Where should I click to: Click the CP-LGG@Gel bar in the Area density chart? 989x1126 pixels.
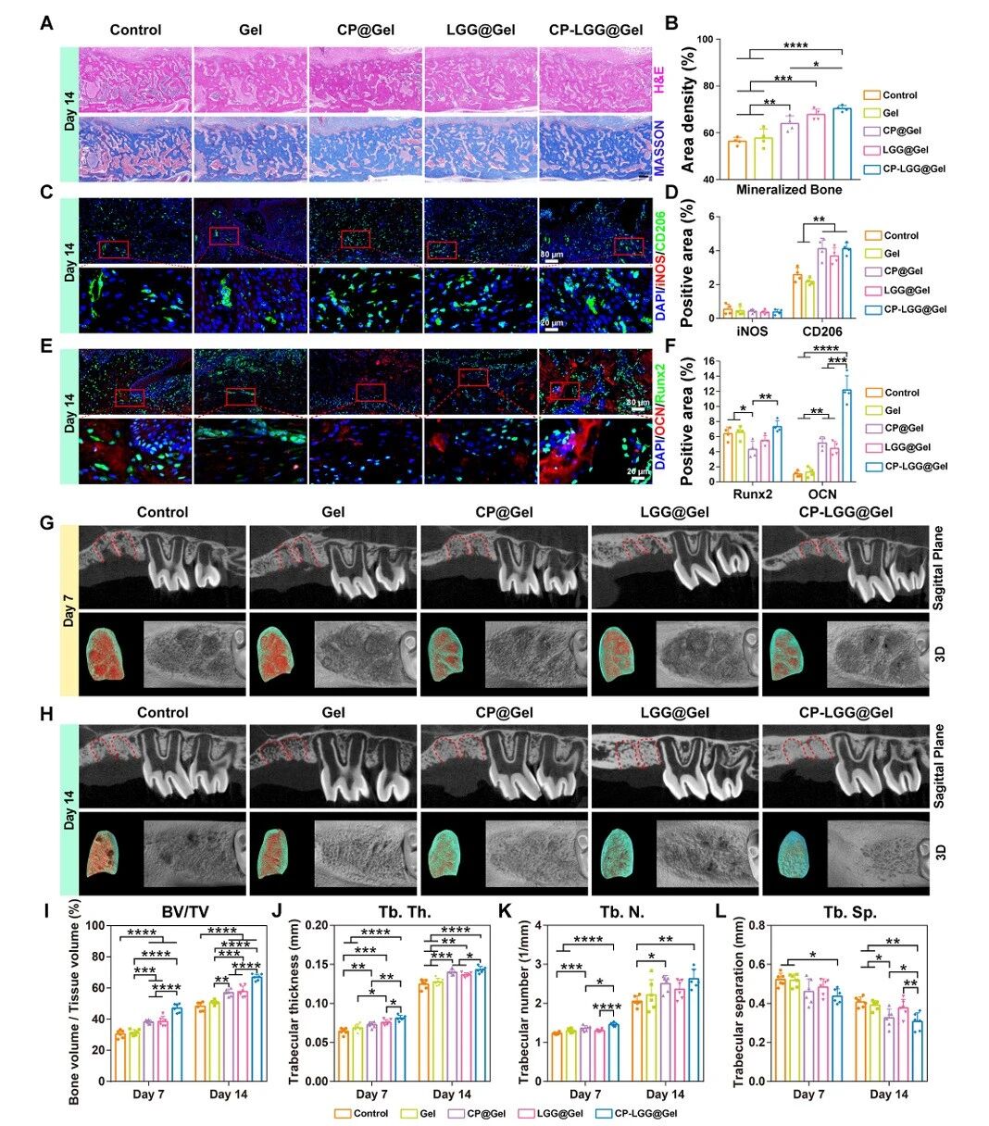[842, 144]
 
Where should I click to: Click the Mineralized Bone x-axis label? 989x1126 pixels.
[789, 190]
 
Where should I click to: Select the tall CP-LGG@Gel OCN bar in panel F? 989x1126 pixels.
[845, 434]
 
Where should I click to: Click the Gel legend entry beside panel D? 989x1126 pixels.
[890, 254]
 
